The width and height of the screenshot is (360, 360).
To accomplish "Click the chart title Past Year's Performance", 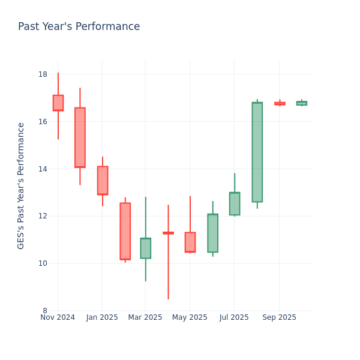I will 79,27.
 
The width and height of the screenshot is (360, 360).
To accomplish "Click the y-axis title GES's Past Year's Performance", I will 21,185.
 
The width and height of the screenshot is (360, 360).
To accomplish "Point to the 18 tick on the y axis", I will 43,74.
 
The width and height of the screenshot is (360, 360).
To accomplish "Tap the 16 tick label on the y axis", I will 43,122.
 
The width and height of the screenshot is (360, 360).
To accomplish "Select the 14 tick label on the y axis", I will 43,169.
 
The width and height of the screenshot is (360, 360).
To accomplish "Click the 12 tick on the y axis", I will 43,216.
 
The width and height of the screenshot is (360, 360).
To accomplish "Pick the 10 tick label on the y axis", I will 43,263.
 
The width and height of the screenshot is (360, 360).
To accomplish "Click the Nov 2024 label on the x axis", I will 58,317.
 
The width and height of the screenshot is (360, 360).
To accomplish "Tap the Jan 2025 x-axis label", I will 102,317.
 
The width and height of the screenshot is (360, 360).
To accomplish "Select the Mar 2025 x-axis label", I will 145,317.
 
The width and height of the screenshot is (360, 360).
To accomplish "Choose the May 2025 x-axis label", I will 190,317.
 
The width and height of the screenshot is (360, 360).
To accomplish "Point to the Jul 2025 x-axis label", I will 234,317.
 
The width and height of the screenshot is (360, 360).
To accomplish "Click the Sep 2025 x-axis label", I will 279,317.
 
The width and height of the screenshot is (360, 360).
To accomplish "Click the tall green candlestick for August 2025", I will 257,152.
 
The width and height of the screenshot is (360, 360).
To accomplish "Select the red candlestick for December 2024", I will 80,137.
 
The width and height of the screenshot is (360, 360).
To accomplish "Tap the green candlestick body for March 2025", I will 145,248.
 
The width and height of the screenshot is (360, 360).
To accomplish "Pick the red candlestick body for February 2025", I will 125,231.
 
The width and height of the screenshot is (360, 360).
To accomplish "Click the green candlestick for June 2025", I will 212,233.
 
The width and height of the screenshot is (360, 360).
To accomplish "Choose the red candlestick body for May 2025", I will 190,242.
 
